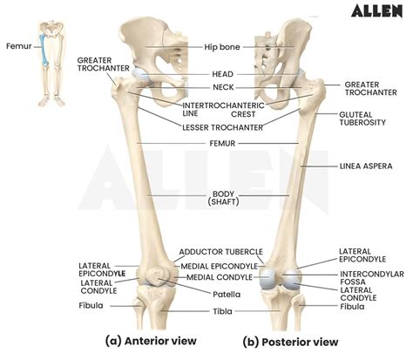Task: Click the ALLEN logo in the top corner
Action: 376,11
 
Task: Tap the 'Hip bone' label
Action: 221,45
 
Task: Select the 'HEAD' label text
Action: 221,74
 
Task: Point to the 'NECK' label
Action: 221,87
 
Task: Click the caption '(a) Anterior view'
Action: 150,341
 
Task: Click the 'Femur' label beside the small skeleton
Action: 17,44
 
